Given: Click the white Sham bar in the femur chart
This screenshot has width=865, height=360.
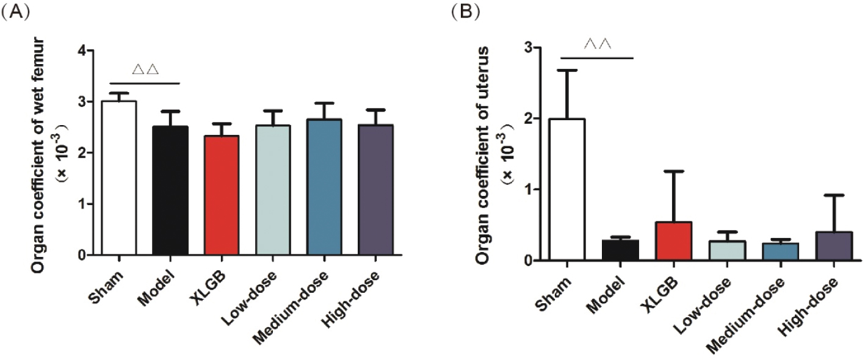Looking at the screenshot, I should tap(118, 178).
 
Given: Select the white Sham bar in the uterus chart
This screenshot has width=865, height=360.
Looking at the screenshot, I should tap(567, 190).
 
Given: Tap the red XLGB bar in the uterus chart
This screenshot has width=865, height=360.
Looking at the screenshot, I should tap(671, 242).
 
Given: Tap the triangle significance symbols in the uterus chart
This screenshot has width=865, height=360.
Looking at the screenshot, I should tap(598, 45).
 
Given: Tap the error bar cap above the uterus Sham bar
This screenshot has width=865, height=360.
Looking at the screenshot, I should tap(567, 70).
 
